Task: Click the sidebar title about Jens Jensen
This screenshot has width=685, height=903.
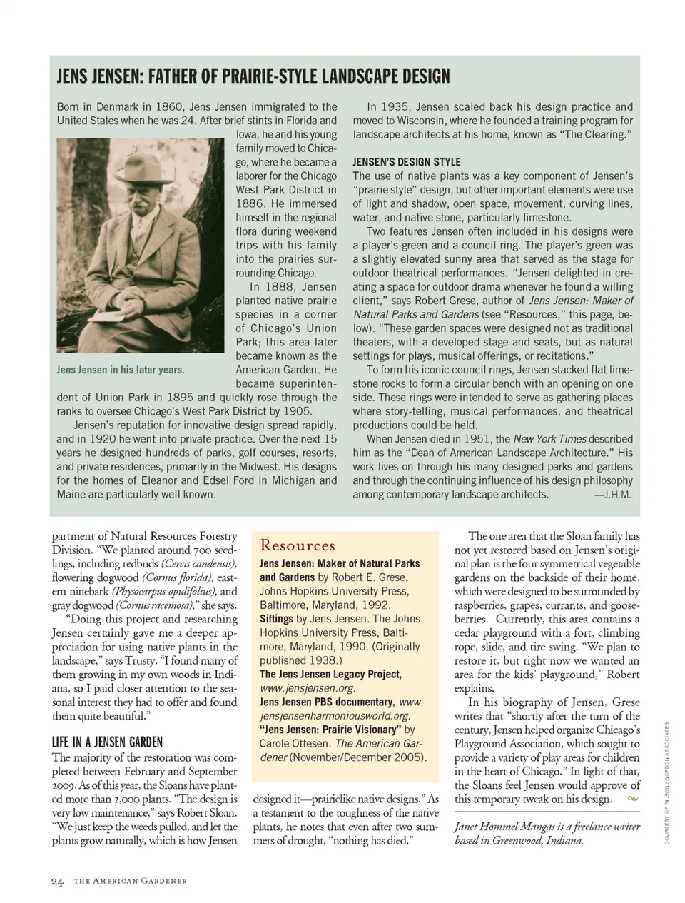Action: pyautogui.click(x=253, y=76)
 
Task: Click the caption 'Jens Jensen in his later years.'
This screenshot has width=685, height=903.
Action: pyautogui.click(x=121, y=370)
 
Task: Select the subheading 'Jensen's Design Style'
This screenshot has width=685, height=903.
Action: pyautogui.click(x=406, y=162)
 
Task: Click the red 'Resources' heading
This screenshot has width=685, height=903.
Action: pyautogui.click(x=298, y=545)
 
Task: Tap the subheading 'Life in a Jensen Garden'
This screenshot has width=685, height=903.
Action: pyautogui.click(x=107, y=742)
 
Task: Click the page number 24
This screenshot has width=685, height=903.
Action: pyautogui.click(x=58, y=881)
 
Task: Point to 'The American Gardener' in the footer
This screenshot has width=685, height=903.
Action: pyautogui.click(x=131, y=881)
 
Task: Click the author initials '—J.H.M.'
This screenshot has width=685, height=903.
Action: pyautogui.click(x=612, y=495)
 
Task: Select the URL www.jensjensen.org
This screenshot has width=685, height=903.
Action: pyautogui.click(x=308, y=688)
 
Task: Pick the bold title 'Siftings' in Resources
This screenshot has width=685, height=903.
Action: pyautogui.click(x=276, y=619)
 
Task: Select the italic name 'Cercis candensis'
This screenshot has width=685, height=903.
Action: pyautogui.click(x=199, y=564)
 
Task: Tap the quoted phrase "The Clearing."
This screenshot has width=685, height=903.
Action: pyautogui.click(x=591, y=134)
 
